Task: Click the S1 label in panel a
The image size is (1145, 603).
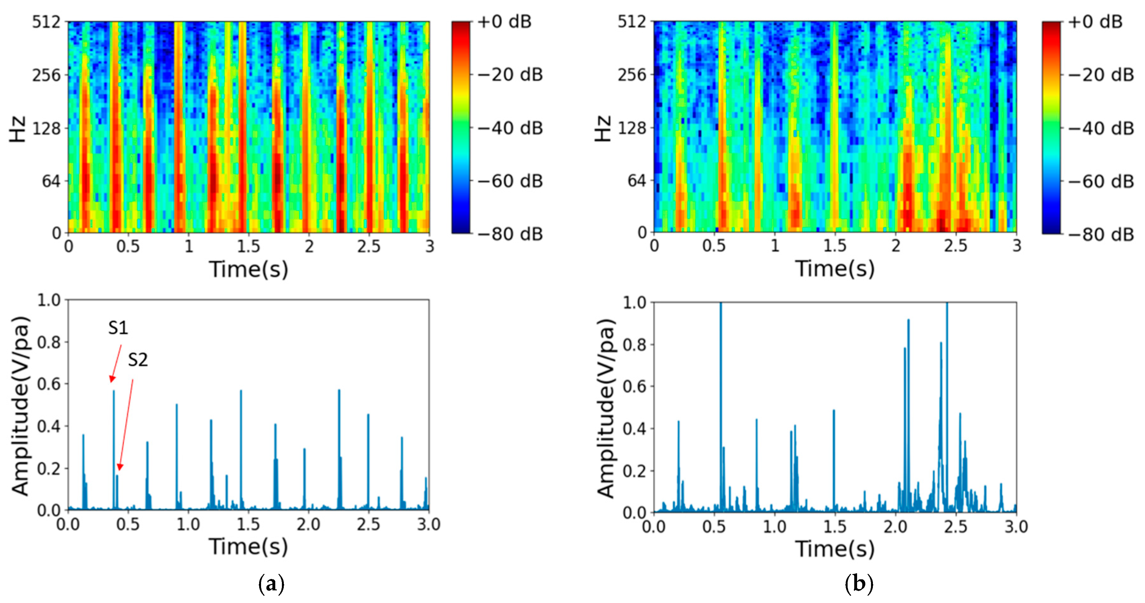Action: pyautogui.click(x=118, y=328)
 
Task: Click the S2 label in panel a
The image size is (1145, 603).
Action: pyautogui.click(x=138, y=360)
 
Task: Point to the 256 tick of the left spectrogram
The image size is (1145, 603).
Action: pyautogui.click(x=46, y=75)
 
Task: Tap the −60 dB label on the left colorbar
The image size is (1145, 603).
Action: pyautogui.click(x=510, y=181)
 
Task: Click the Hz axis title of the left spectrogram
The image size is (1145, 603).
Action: pyautogui.click(x=18, y=129)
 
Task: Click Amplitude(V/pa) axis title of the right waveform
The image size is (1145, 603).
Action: pyautogui.click(x=606, y=408)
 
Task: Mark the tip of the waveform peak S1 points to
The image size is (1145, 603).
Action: pyautogui.click(x=114, y=391)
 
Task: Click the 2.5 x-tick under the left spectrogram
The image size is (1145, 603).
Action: pyautogui.click(x=368, y=246)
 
